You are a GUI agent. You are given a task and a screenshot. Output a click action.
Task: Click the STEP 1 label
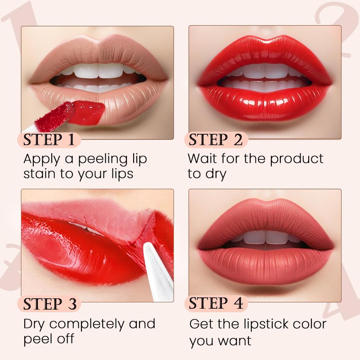tap(49, 139)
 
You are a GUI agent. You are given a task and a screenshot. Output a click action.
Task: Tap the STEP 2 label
tap(216, 139)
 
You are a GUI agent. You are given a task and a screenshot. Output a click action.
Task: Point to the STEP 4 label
tap(216, 303)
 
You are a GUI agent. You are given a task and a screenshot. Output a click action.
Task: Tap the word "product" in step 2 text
tap(297, 159)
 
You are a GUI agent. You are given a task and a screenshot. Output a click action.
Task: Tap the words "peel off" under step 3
tap(49, 339)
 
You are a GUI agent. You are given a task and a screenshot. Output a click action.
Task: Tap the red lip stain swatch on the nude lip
tap(88, 112)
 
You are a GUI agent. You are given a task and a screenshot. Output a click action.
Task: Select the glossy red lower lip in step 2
tap(265, 103)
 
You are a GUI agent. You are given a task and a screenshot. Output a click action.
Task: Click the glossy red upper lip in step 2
tap(265, 55)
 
